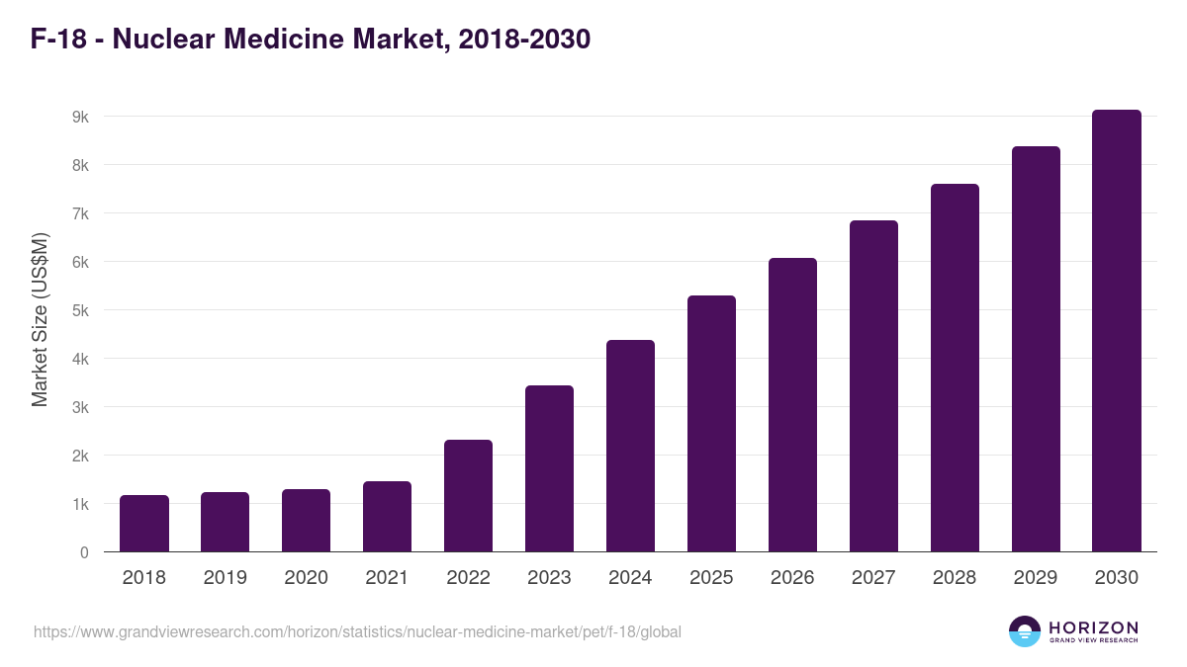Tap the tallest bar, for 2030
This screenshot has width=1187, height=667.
click(1117, 330)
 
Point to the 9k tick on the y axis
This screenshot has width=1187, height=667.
click(80, 117)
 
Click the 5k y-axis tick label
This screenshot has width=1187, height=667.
click(80, 310)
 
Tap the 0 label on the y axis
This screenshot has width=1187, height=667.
click(84, 552)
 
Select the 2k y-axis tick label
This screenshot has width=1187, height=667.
click(80, 456)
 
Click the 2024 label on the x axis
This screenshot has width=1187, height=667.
click(630, 578)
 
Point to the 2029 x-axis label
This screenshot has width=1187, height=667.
click(1036, 578)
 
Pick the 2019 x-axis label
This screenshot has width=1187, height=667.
click(225, 578)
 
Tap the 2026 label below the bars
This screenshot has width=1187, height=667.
click(792, 578)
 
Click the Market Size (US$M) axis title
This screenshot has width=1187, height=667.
click(41, 319)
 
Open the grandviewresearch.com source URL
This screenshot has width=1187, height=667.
click(357, 631)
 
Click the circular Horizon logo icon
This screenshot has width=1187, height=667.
click(1025, 631)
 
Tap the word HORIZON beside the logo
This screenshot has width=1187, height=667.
click(1093, 627)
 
